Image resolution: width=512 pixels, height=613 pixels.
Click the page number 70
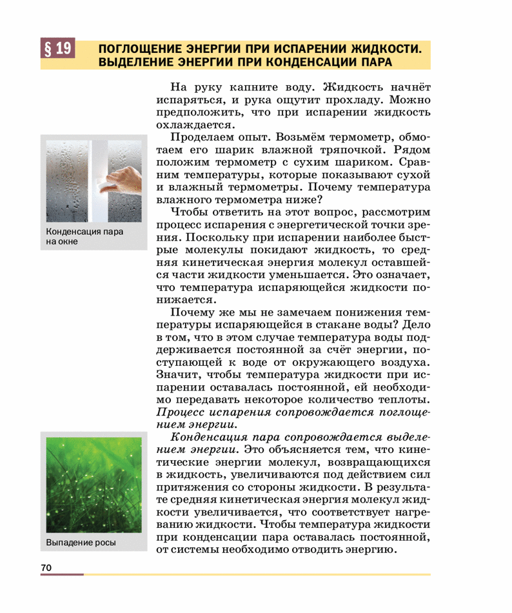[45, 567]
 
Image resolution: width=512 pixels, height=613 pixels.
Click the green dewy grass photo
[92, 481]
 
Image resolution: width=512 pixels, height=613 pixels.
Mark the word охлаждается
[192, 125]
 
